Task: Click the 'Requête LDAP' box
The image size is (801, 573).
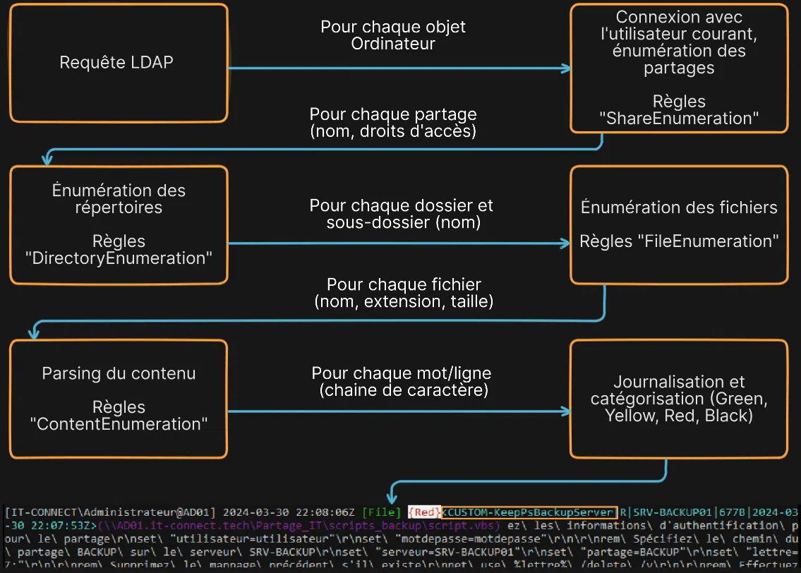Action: [116, 63]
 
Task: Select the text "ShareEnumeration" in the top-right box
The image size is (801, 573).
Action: [682, 119]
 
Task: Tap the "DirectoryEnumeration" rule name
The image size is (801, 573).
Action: [119, 258]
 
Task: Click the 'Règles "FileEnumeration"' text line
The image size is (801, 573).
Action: [678, 241]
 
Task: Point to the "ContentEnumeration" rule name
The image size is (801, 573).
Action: [119, 424]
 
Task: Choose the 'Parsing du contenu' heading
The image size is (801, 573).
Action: [119, 373]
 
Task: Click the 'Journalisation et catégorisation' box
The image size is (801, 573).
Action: [678, 399]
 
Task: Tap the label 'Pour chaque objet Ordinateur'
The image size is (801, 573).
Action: [393, 35]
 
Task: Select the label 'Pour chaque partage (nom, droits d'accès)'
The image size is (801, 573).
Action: [393, 122]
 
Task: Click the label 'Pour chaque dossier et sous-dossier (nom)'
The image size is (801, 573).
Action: [401, 214]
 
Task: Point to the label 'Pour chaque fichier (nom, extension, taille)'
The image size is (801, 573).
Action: [404, 293]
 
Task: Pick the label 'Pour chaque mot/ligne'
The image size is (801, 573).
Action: [402, 373]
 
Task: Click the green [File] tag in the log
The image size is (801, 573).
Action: [381, 512]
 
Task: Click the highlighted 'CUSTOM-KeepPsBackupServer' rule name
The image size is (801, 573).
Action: [529, 512]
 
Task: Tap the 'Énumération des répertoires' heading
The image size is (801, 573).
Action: [119, 199]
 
